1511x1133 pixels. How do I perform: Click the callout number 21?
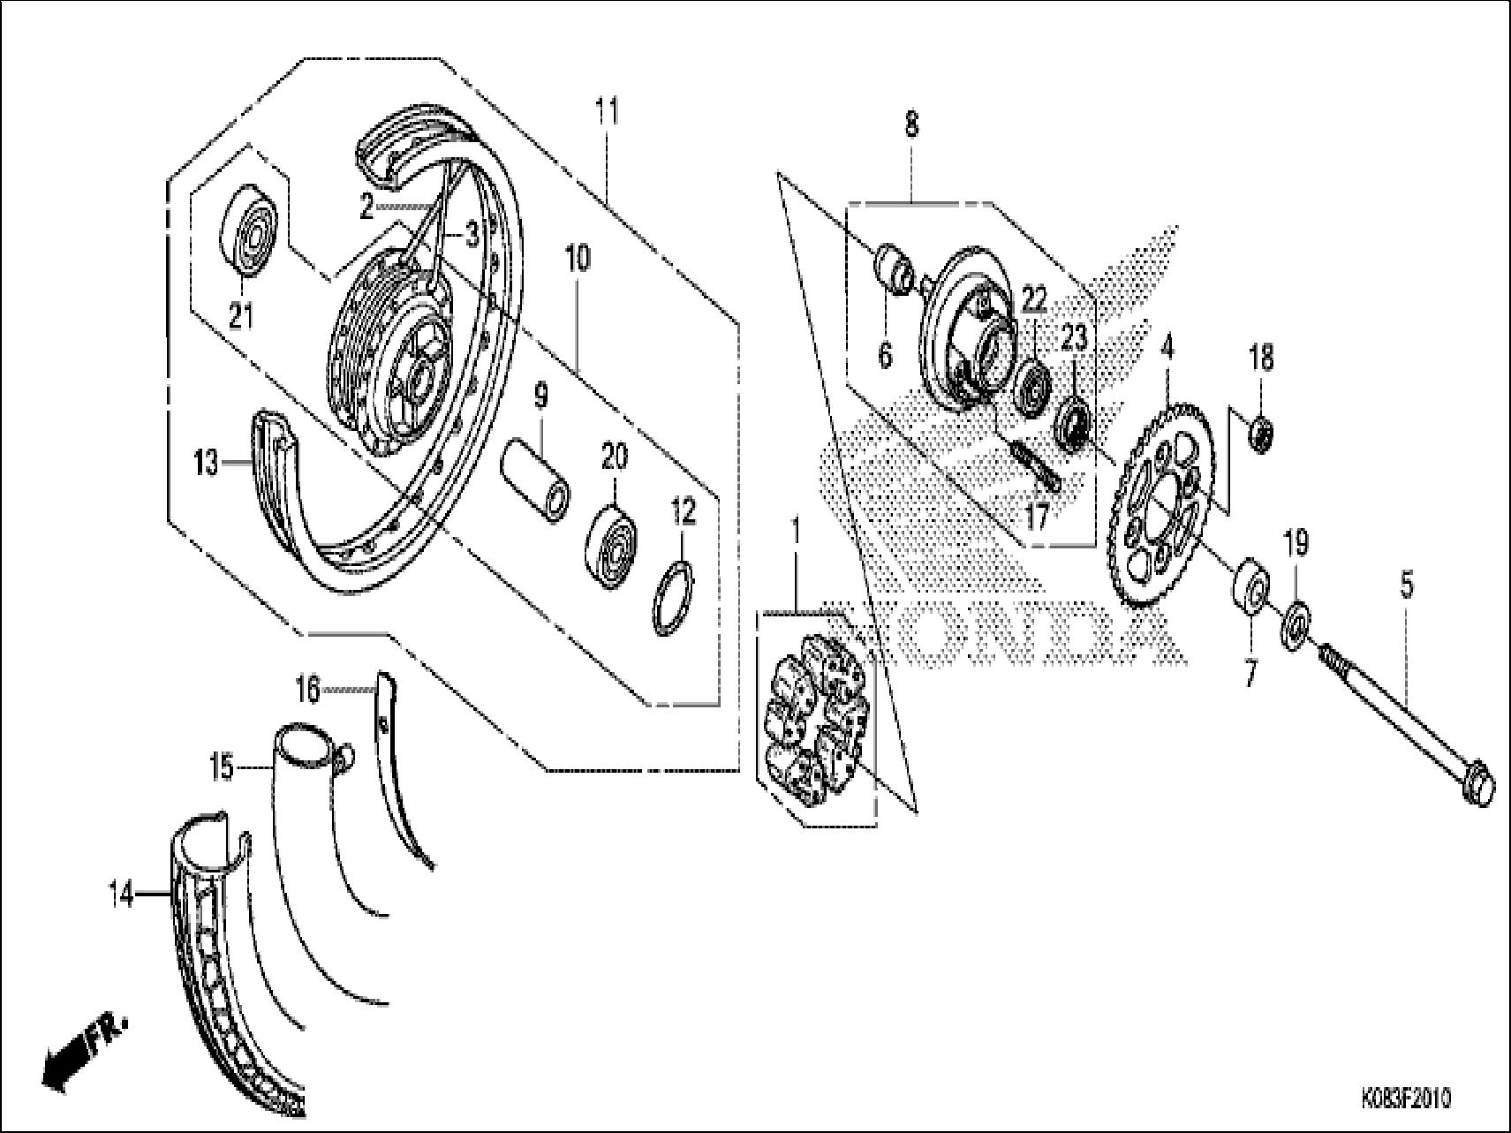pyautogui.click(x=240, y=314)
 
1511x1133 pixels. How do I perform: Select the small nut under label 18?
pyautogui.click(x=1261, y=432)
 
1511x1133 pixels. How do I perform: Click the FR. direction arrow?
pyautogui.click(x=84, y=1050)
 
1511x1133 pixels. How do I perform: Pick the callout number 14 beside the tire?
pyautogui.click(x=121, y=896)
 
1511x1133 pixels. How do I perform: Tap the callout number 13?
pyautogui.click(x=206, y=462)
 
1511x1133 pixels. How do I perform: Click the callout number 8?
pyautogui.click(x=911, y=125)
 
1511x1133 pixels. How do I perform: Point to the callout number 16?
pyautogui.click(x=307, y=691)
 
